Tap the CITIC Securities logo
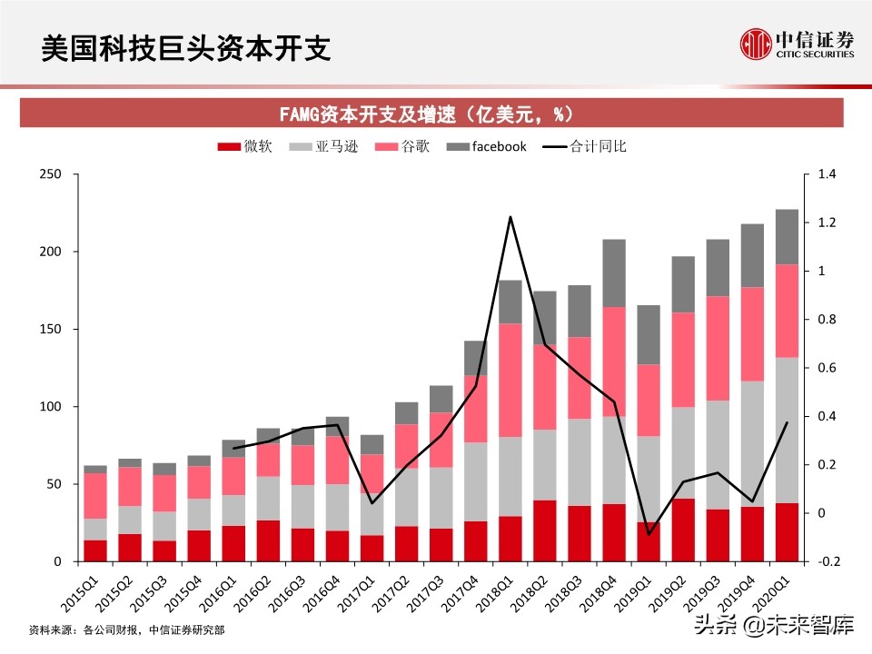point(797,43)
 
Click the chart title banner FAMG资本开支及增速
point(425,114)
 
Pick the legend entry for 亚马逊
point(322,146)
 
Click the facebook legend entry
point(487,146)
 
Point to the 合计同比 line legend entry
point(584,146)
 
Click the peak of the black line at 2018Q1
point(510,217)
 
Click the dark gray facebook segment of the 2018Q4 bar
point(614,272)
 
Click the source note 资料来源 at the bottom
point(126,629)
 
